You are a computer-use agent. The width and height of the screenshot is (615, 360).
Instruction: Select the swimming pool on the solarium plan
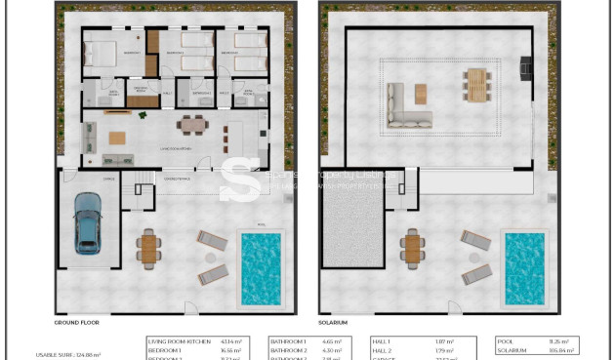[x=524, y=266]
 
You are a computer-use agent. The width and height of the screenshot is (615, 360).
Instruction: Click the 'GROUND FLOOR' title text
[x=78, y=322]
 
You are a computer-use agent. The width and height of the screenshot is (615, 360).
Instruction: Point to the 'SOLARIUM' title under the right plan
[x=333, y=322]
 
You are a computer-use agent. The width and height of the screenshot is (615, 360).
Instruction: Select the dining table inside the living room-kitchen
[x=192, y=124]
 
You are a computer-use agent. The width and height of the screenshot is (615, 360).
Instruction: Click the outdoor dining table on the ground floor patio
[x=148, y=249]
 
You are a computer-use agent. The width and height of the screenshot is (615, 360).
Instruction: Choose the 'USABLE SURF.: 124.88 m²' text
[x=69, y=354]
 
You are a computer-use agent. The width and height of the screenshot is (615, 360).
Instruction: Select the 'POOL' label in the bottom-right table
[x=503, y=340]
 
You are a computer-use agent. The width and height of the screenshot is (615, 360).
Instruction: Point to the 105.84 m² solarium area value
[x=562, y=349]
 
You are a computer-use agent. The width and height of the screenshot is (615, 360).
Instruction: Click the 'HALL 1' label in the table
[x=383, y=340]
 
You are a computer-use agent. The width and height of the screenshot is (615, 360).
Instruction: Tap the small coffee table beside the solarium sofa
[x=421, y=93]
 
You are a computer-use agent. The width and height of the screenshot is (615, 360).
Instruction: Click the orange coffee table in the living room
[x=118, y=137]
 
